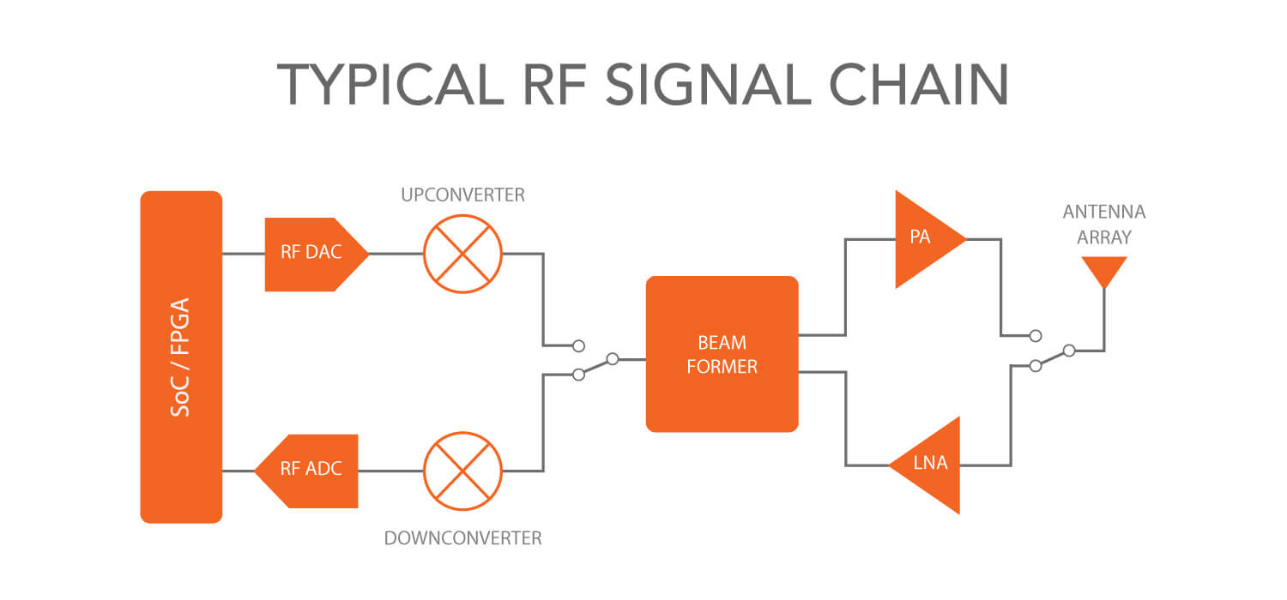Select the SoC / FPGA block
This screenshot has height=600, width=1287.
(x=181, y=357)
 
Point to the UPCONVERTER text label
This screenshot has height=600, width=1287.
(x=462, y=195)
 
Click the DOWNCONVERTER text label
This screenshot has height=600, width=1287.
(x=462, y=538)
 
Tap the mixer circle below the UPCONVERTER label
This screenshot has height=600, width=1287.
(x=462, y=254)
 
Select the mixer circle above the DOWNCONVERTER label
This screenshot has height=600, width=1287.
(x=462, y=471)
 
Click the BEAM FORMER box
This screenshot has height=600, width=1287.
(x=722, y=353)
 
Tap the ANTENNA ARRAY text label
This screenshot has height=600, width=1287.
(x=1103, y=224)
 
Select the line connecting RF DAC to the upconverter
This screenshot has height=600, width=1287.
(x=396, y=254)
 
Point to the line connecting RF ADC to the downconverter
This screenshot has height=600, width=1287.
(x=390, y=471)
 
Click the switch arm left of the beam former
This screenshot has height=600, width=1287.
(x=595, y=366)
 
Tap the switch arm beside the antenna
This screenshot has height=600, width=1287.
(x=1053, y=357)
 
